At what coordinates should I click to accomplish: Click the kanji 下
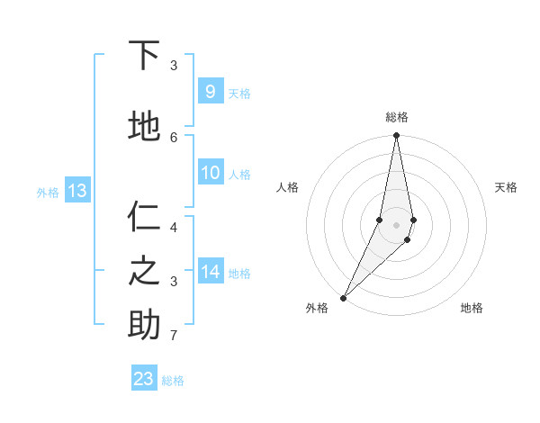[x=145, y=57]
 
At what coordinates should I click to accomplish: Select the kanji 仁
[x=145, y=217]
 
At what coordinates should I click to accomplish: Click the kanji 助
[x=145, y=324]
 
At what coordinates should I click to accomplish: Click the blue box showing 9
[x=210, y=91]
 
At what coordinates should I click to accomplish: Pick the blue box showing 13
[x=76, y=190]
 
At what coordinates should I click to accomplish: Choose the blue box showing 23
[x=144, y=378]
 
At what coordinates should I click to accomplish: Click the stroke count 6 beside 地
[x=174, y=137]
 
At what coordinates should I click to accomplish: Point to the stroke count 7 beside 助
[x=174, y=336]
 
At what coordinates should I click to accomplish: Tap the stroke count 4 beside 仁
[x=174, y=227]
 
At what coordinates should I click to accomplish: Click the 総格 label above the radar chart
[x=397, y=117]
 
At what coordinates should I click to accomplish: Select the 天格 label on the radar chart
[x=507, y=187]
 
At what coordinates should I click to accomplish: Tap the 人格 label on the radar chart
[x=288, y=187]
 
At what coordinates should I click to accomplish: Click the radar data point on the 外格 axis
[x=343, y=297]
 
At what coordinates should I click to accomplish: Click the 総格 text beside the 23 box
[x=173, y=381]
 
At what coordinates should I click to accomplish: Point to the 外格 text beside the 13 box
[x=48, y=192]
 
